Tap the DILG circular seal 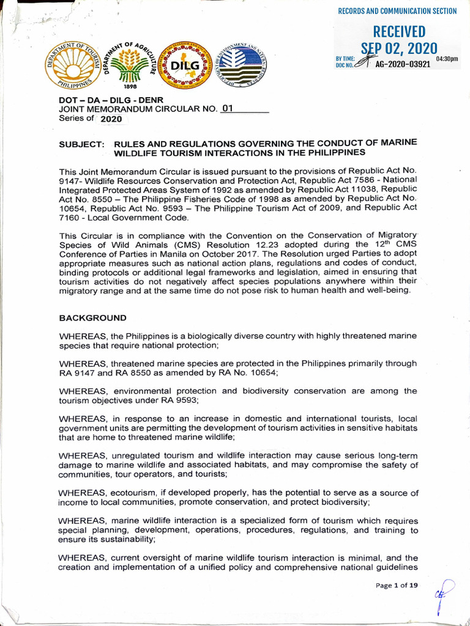coord(185,65)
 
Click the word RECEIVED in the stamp coord(399,32)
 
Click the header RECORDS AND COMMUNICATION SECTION coord(397,11)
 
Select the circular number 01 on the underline coord(227,108)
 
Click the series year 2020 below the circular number coord(111,119)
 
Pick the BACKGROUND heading coord(92,318)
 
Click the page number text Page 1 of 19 coord(397,585)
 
